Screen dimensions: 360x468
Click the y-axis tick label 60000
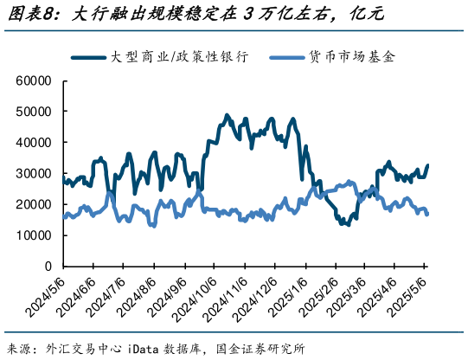coord(35,80)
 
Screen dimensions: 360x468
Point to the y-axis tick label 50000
coord(35,112)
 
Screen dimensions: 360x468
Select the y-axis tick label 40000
coord(35,143)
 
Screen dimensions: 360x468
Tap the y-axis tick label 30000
coord(35,173)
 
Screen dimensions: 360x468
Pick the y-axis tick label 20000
coord(35,204)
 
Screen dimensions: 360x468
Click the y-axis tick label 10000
coord(35,235)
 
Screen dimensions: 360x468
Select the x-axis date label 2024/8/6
coord(138,299)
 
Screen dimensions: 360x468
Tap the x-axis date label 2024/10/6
coord(195,300)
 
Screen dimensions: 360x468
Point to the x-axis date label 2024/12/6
coord(254,300)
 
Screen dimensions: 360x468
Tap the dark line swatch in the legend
coord(89,57)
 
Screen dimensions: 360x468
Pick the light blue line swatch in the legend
coord(284,57)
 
